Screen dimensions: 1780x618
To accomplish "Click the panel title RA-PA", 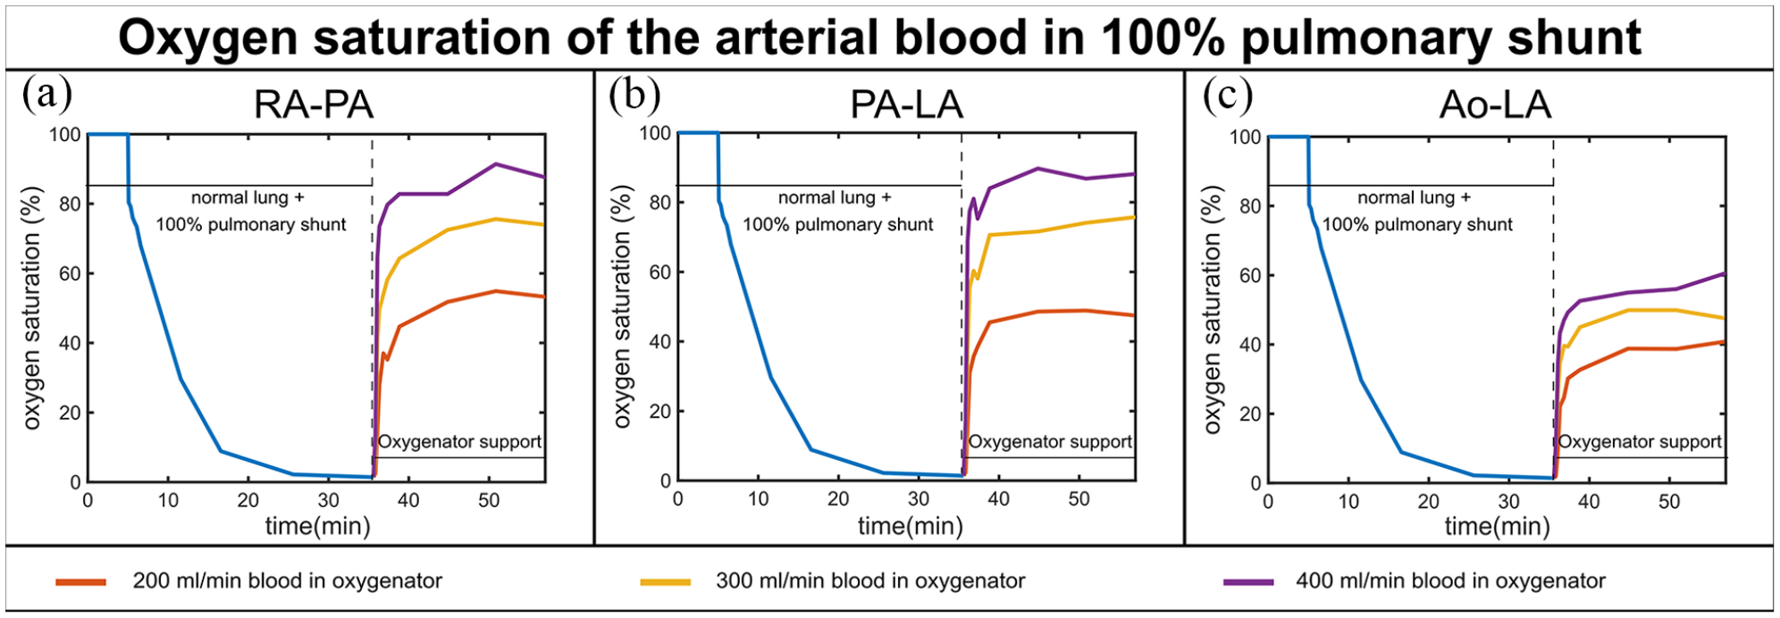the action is click(x=314, y=105).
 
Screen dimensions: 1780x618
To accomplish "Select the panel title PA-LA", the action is click(x=906, y=105).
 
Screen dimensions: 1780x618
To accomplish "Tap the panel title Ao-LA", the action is click(x=1495, y=105).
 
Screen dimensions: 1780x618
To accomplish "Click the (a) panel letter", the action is click(x=47, y=93).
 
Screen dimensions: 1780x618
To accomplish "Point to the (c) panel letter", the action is click(x=1228, y=95).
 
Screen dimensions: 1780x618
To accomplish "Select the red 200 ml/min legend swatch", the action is click(x=81, y=582).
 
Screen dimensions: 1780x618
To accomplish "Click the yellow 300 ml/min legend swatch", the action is click(x=666, y=582).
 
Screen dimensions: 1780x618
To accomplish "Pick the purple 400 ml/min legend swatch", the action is click(x=1248, y=582).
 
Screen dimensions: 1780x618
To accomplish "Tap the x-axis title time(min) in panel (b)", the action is click(x=911, y=526).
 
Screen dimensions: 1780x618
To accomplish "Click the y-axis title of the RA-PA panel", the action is click(x=32, y=308).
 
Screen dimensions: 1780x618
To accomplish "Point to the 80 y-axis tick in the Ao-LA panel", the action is click(x=1246, y=206).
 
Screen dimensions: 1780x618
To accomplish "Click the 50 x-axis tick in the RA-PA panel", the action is click(x=488, y=501).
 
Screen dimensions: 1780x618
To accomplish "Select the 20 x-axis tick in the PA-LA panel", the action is click(x=838, y=499).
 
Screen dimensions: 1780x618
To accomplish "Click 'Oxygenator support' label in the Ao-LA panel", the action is click(x=1640, y=442).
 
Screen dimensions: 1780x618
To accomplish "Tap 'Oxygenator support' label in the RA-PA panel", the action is click(x=459, y=442).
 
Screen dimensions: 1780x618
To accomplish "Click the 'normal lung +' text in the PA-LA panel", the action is click(x=835, y=197).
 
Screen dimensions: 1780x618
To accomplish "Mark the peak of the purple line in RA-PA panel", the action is click(x=495, y=164).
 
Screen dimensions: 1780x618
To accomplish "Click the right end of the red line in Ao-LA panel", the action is click(x=1725, y=341).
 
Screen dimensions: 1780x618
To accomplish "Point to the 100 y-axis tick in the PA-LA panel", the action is click(x=655, y=134).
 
